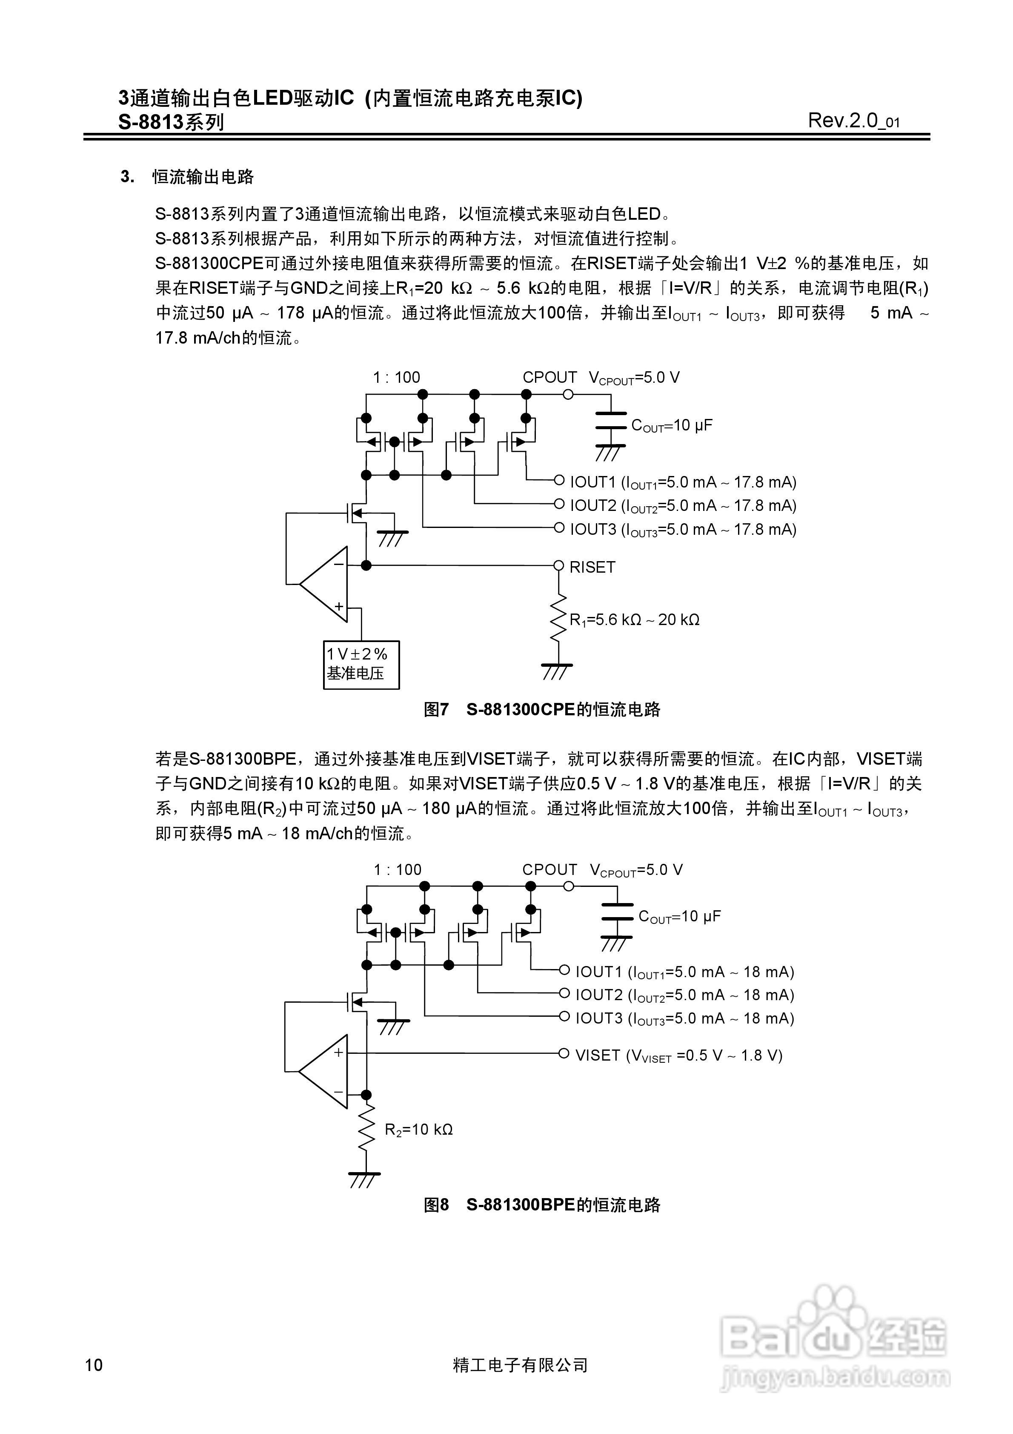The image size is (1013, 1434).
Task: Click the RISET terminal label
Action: click(x=592, y=567)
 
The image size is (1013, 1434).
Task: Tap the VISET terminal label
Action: click(x=598, y=1055)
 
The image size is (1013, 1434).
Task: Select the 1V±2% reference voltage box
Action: click(x=361, y=665)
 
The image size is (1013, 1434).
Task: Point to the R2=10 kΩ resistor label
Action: click(x=418, y=1129)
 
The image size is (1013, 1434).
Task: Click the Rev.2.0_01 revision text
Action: click(x=853, y=120)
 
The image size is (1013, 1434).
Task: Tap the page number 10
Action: click(x=94, y=1365)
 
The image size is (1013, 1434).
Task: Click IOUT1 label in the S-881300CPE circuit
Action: click(x=592, y=482)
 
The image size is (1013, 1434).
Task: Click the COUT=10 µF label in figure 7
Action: click(x=671, y=426)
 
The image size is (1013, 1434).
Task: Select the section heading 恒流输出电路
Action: click(x=203, y=178)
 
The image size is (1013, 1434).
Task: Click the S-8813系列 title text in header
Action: click(x=171, y=122)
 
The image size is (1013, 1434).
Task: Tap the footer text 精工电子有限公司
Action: click(x=520, y=1365)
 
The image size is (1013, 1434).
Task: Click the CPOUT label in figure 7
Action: click(x=549, y=377)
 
